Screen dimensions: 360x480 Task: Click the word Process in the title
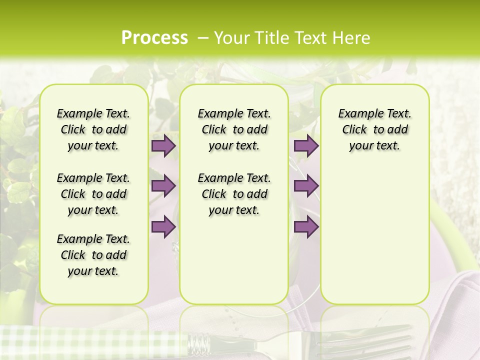click(x=154, y=37)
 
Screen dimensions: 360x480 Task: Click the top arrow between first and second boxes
click(x=163, y=145)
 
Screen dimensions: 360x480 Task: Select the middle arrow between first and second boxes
click(x=163, y=186)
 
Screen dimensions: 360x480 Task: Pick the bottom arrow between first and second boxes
click(x=163, y=227)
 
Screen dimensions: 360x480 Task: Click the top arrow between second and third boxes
click(x=306, y=145)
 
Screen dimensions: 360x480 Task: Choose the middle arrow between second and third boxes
click(x=306, y=186)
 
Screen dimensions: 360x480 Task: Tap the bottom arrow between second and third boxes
click(x=306, y=227)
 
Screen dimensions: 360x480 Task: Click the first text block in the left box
click(x=93, y=129)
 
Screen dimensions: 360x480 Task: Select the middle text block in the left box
click(x=93, y=194)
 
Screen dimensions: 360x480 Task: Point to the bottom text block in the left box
click(x=93, y=255)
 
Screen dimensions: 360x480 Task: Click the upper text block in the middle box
click(x=234, y=129)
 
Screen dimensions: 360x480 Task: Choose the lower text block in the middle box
click(x=234, y=194)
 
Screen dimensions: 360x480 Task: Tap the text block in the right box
click(x=374, y=129)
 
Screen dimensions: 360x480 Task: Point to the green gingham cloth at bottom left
click(x=75, y=342)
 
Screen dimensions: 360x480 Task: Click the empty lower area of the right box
click(x=374, y=240)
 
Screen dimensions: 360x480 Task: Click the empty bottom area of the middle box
click(x=234, y=265)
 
